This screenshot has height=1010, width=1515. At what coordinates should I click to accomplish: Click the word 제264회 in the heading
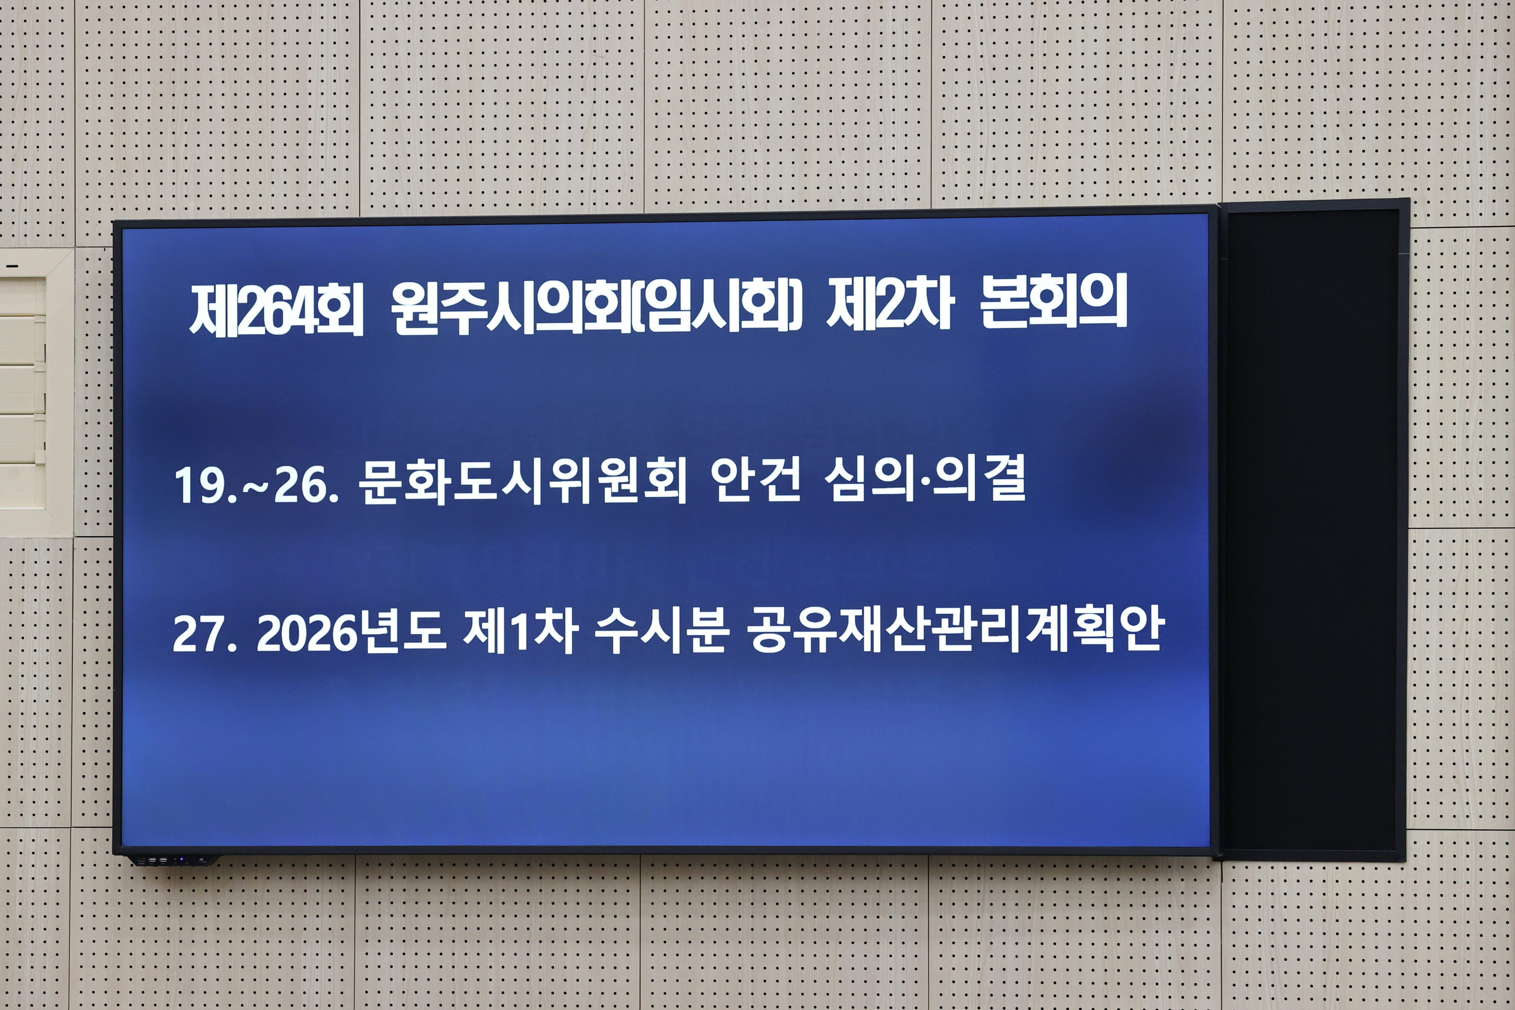tap(277, 310)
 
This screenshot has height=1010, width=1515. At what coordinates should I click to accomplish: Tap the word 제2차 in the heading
tap(889, 304)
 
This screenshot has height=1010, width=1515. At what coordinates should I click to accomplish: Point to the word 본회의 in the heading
tap(1053, 301)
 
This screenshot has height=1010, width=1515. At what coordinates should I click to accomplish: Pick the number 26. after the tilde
tap(306, 486)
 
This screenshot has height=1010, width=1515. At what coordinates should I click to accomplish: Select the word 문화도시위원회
tap(522, 481)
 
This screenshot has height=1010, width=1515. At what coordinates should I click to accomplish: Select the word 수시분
tap(662, 630)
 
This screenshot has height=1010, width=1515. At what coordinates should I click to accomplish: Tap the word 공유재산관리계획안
tap(956, 629)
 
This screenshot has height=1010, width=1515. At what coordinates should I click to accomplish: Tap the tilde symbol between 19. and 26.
tap(255, 488)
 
